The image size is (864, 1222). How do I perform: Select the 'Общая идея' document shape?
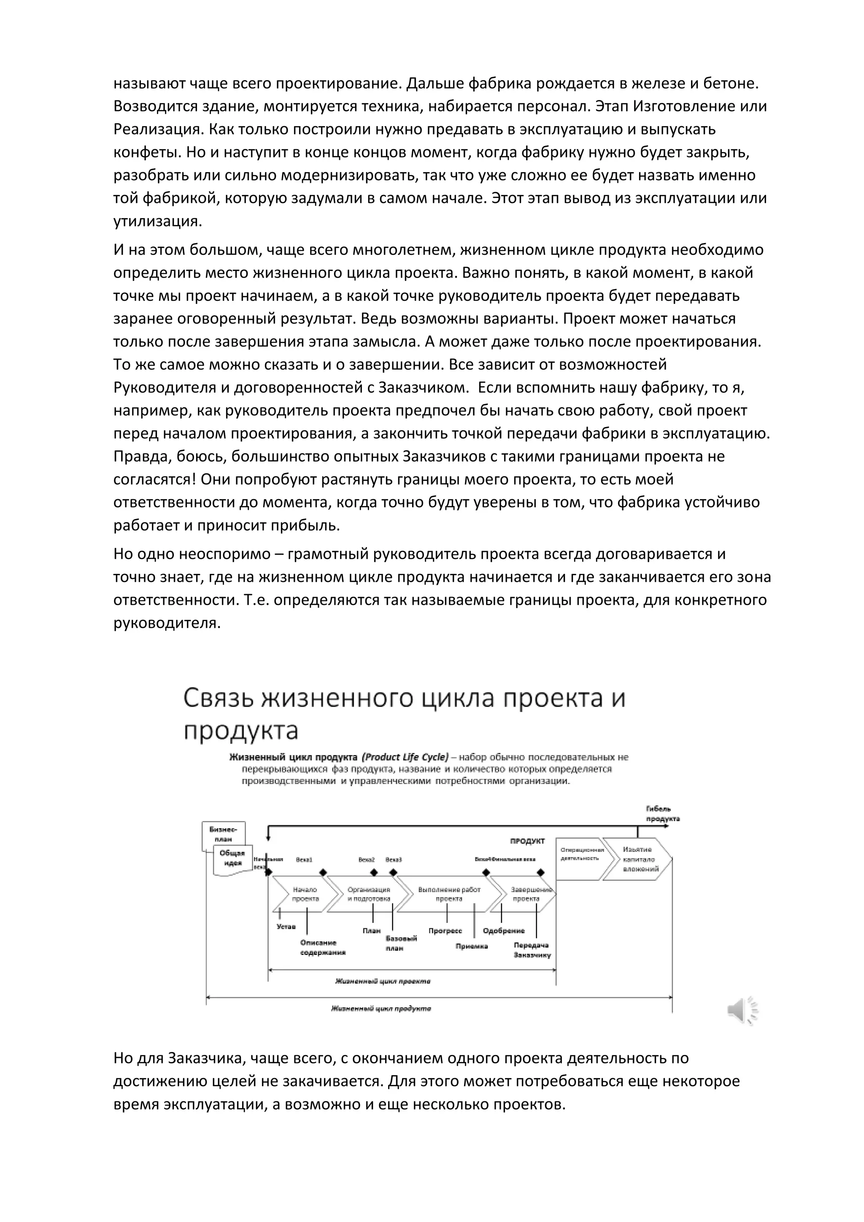(232, 859)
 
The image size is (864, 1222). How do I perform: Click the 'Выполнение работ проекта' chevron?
(449, 894)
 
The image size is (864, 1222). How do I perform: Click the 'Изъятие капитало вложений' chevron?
(638, 859)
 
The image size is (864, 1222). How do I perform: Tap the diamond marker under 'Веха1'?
(322, 872)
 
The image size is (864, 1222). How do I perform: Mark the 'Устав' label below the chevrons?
(286, 927)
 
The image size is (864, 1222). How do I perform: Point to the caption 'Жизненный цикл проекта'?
(383, 981)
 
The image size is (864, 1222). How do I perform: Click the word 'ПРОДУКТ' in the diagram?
(527, 841)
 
